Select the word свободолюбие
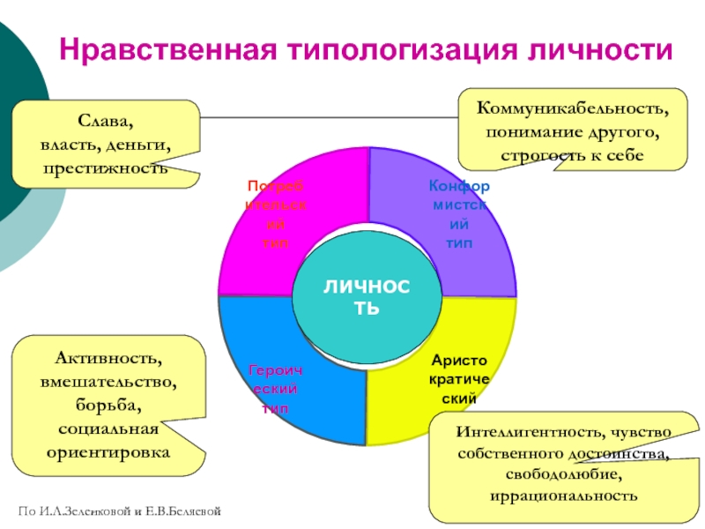tap(559, 474)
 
